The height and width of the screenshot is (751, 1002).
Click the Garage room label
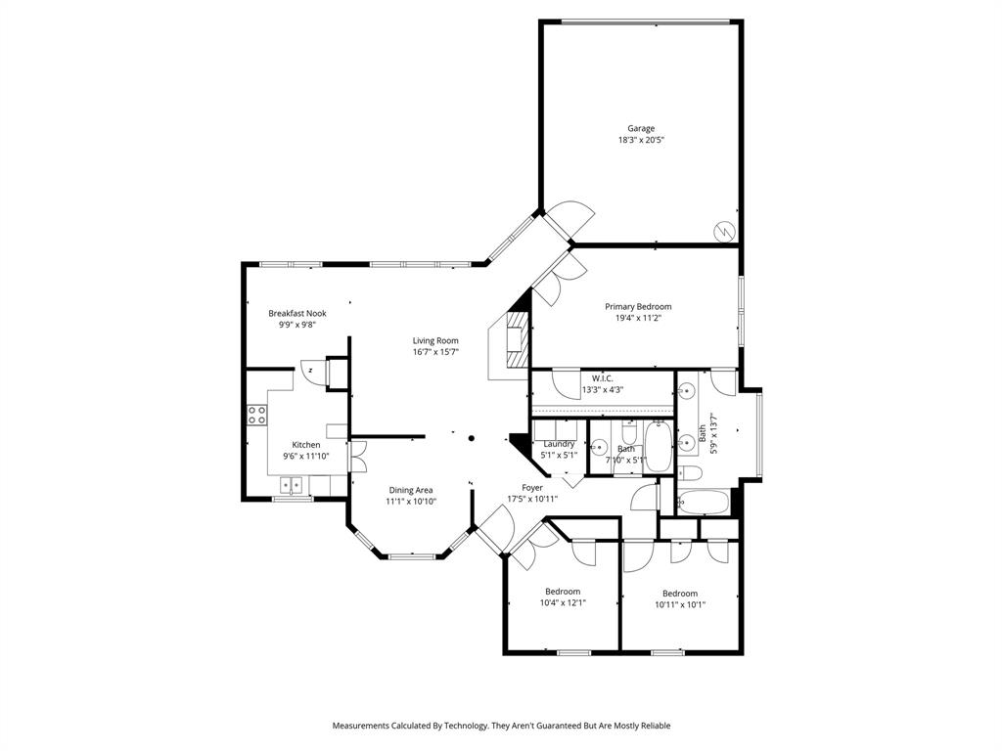point(641,128)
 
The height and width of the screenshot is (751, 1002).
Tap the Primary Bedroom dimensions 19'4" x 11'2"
point(638,318)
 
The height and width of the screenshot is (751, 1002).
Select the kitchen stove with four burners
point(257,414)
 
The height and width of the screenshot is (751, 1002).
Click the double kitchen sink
point(293,483)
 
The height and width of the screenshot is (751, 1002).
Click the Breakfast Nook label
point(297,313)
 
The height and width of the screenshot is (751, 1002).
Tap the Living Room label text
point(435,340)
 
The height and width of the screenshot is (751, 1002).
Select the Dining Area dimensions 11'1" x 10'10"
point(411,502)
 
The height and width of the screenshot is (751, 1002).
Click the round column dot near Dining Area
point(471,439)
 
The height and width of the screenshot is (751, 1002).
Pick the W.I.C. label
point(602,377)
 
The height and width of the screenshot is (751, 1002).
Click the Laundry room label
point(559,444)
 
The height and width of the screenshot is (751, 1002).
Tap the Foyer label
point(532,487)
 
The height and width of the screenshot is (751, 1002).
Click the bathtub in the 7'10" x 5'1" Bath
point(658,448)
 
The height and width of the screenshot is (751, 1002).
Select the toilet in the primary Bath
point(691,474)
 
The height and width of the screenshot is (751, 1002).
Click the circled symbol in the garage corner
point(723,231)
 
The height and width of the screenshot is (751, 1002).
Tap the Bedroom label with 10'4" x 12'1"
point(563,591)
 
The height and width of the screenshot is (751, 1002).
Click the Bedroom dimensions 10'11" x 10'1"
point(680,604)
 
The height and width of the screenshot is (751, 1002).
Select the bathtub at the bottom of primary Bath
point(703,503)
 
